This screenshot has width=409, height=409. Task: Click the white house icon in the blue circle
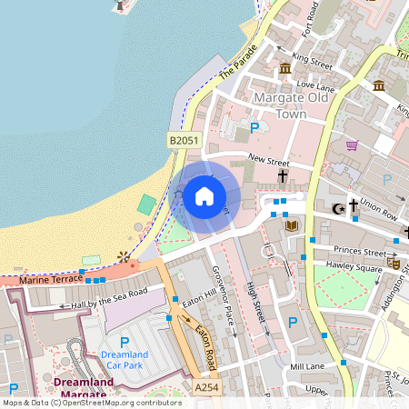click(x=204, y=195)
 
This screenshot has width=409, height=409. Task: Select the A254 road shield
click(x=205, y=386)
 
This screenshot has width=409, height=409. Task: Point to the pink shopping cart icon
click(x=352, y=145)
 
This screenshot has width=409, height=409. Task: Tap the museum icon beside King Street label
click(x=285, y=69)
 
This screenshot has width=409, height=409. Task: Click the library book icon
click(x=291, y=225)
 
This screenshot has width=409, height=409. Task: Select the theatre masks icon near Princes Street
click(x=394, y=263)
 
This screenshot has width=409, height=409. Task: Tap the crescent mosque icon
click(x=338, y=208)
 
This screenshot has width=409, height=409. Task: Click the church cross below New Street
click(x=283, y=175)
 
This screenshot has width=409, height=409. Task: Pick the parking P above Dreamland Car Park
click(x=125, y=342)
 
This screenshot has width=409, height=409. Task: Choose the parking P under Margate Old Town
click(x=254, y=129)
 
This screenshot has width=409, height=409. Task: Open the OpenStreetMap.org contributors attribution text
click(x=118, y=402)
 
